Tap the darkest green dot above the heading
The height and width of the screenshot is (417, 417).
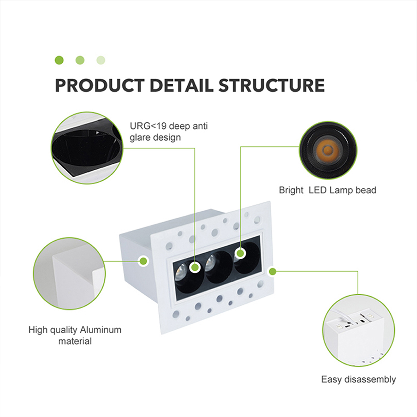tap(59, 60)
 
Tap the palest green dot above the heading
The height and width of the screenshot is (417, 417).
tap(101, 60)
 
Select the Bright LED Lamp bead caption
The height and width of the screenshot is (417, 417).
tap(327, 190)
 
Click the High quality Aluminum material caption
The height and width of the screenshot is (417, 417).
tap(75, 335)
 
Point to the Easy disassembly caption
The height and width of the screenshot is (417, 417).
tap(358, 379)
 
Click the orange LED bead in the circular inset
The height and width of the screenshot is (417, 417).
tap(328, 151)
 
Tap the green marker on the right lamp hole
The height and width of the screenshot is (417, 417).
tap(240, 252)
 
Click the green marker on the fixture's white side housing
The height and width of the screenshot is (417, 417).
tap(143, 261)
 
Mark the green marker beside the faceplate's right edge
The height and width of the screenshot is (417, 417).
tap(272, 272)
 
